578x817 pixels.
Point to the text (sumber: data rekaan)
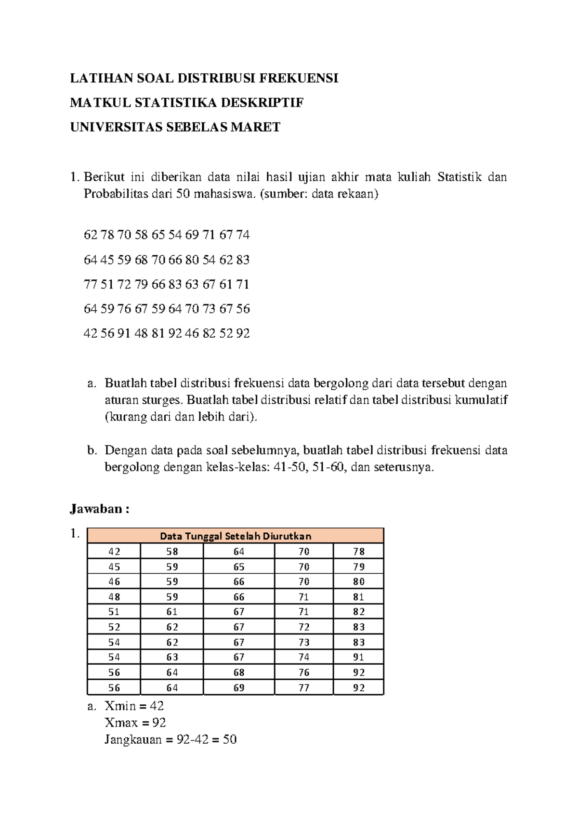point(319,194)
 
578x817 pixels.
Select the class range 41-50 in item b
point(290,467)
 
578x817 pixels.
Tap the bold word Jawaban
point(96,509)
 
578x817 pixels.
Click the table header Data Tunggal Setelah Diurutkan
point(236,536)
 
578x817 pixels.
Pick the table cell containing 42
point(114,552)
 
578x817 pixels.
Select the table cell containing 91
point(358,657)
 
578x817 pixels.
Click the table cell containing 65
point(239,567)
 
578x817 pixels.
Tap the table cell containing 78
point(358,552)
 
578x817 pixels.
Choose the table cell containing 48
point(114,597)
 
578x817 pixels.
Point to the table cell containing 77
point(303,687)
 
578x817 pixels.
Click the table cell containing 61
point(172,612)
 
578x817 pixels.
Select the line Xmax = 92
point(135,723)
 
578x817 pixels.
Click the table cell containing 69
point(239,687)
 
